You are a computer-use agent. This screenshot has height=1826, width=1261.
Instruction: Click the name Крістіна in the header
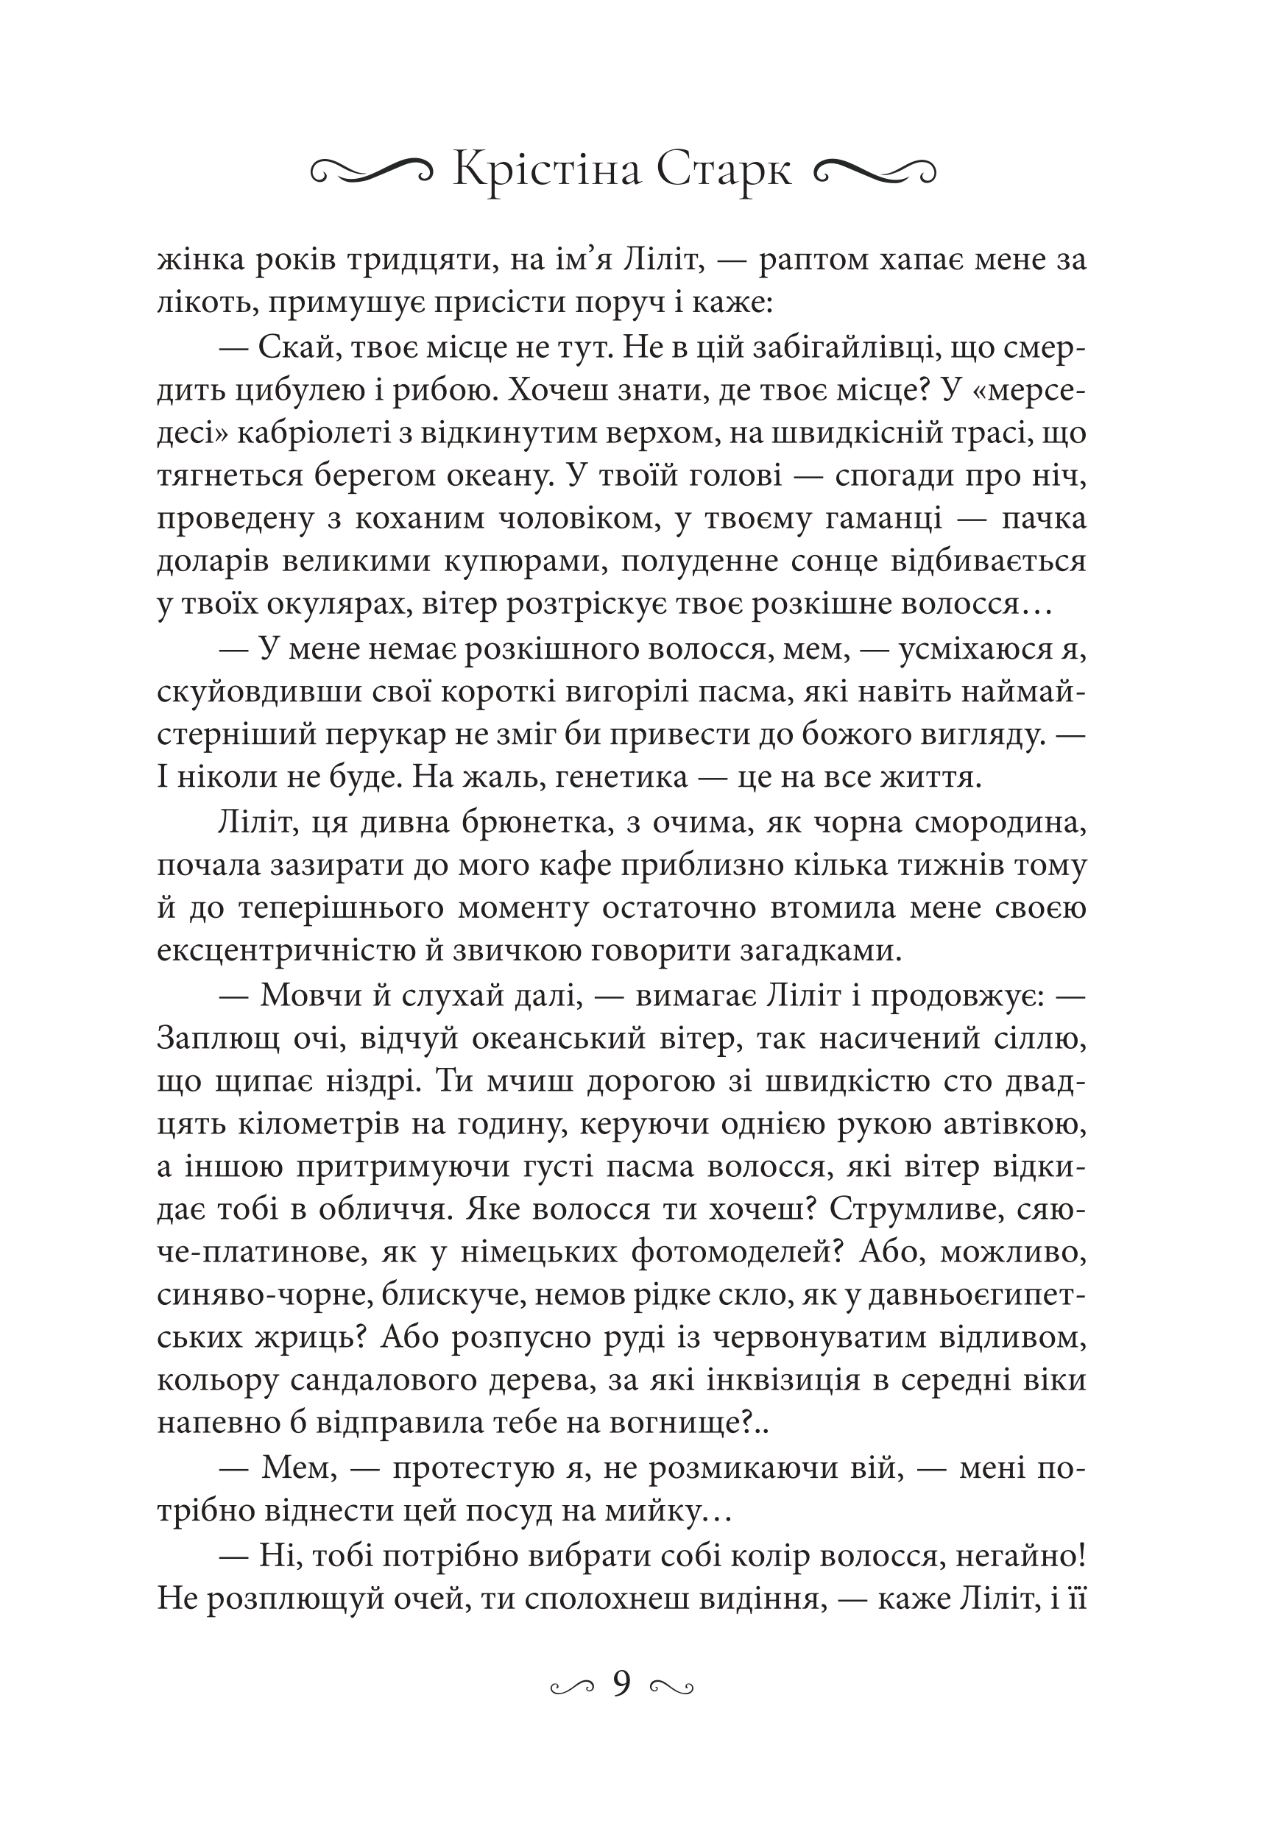click(x=546, y=169)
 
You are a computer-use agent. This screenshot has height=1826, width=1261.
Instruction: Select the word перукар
click(x=406, y=735)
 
